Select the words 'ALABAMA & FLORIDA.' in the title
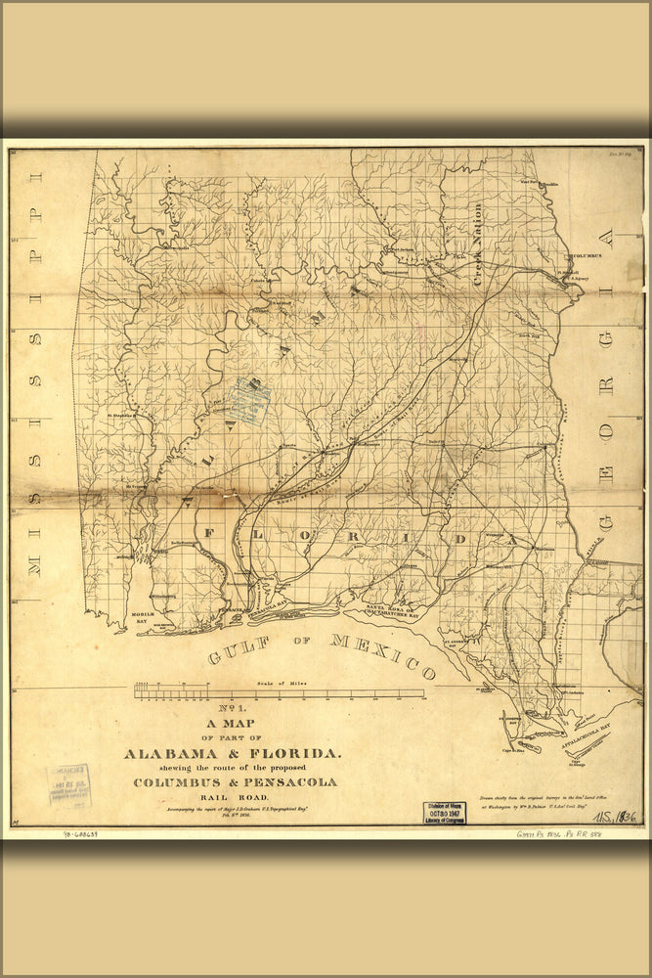coord(233,753)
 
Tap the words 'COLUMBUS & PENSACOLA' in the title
coord(236,782)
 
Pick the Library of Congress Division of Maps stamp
coord(445,813)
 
